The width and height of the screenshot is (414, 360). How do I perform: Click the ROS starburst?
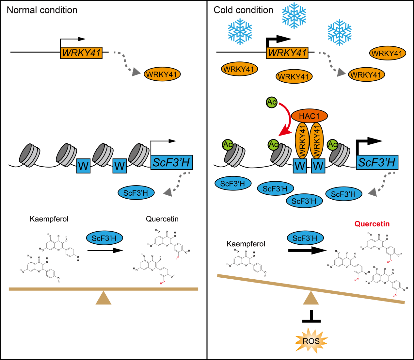coord(311,341)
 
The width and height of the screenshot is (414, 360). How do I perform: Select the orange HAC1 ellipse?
coord(309,116)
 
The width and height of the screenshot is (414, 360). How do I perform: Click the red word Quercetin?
coord(372,224)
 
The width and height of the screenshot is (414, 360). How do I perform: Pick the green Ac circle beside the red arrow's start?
coord(272,102)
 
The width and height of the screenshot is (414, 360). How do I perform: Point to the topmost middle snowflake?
coord(294,15)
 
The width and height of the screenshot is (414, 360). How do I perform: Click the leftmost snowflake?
coord(240,31)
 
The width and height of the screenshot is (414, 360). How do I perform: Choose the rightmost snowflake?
coord(340,32)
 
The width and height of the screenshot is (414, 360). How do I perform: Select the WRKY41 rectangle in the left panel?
coord(81,53)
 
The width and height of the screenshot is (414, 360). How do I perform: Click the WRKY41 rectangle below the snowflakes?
coord(287,53)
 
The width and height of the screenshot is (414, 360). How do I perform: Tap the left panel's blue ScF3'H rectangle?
coord(171,162)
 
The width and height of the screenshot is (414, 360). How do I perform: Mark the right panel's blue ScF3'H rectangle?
coord(377,162)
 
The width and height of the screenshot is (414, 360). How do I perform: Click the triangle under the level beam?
coord(104,298)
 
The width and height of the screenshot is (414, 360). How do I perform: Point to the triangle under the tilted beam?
coord(311,298)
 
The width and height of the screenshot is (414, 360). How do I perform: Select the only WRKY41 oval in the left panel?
coord(162,74)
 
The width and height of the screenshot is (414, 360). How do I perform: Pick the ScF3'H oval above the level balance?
coord(104,238)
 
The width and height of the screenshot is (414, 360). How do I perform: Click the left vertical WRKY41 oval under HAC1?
coord(302,140)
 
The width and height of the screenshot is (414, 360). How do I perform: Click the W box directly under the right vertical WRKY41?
coord(318,166)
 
